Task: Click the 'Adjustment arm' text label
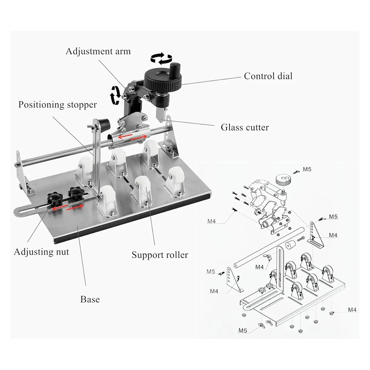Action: click(98, 51)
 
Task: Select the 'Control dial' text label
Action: click(268, 76)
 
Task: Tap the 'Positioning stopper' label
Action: click(57, 105)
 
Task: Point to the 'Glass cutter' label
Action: click(245, 127)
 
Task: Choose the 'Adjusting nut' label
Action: click(41, 252)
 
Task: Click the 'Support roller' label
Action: click(160, 255)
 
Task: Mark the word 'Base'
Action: click(90, 299)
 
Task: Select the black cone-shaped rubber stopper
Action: click(105, 123)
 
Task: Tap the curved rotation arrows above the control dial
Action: click(161, 58)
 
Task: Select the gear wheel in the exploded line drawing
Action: click(282, 179)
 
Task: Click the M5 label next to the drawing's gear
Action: click(307, 169)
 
